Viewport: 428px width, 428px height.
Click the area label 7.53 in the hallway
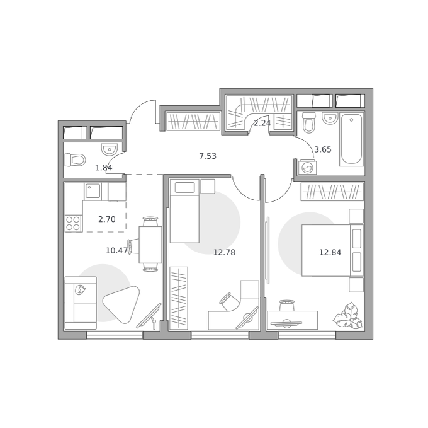point(208,156)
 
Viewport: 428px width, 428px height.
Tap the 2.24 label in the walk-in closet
point(262,124)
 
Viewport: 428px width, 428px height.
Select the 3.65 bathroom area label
point(323,149)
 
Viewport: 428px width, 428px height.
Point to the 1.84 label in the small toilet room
point(103,168)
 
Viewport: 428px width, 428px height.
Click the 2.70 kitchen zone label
point(107,219)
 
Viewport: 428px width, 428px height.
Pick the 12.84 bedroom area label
point(330,252)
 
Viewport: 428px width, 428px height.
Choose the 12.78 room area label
point(224,252)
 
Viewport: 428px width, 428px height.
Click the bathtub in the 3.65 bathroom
point(352,139)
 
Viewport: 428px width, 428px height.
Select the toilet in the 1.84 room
point(75,160)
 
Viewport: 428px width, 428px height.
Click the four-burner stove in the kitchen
point(74,224)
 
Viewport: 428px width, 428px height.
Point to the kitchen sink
point(93,190)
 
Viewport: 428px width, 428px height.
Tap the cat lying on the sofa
point(80,289)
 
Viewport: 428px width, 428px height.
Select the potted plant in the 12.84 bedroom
point(347,316)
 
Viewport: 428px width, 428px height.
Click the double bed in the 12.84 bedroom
point(332,250)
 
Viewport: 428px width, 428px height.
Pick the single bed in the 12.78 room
point(184,211)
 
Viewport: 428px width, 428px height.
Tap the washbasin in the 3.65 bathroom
point(330,118)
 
